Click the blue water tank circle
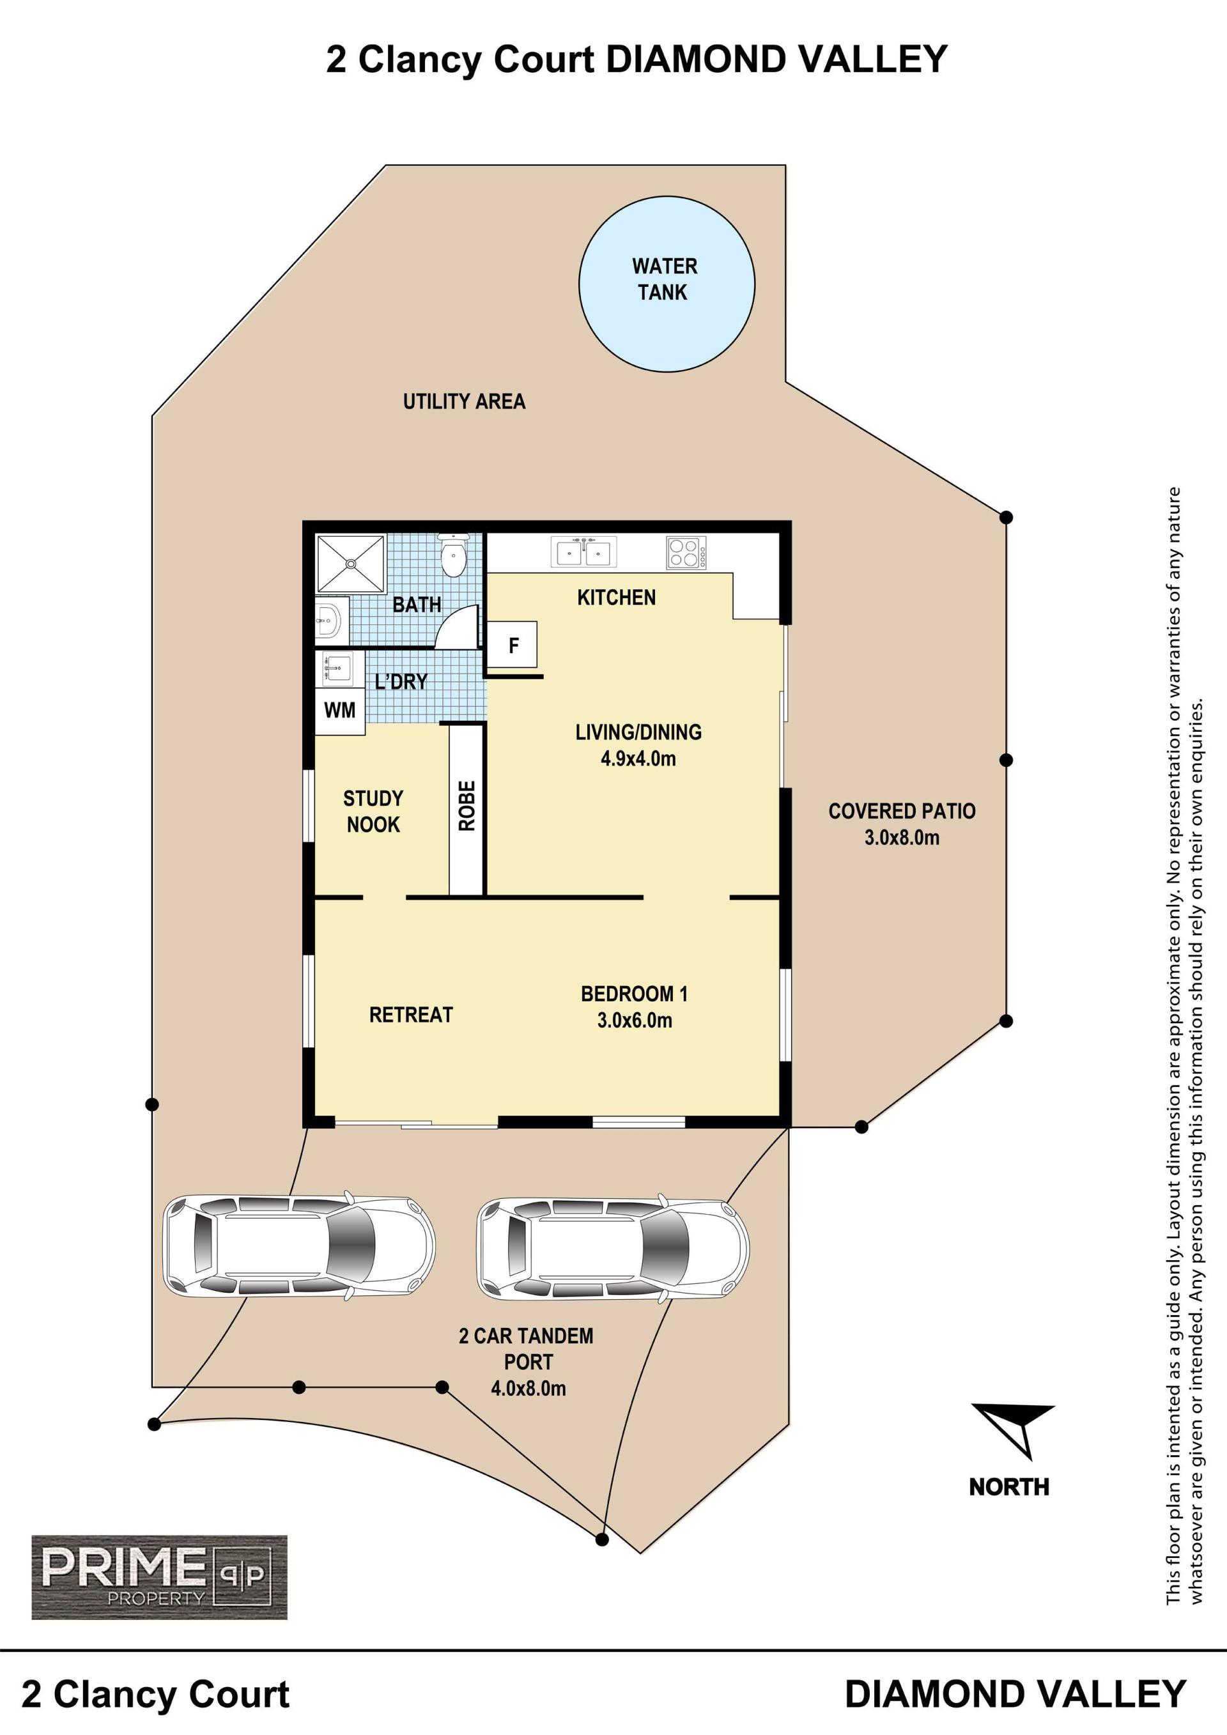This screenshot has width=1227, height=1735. pyautogui.click(x=667, y=284)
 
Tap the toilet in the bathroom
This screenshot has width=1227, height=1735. pyautogui.click(x=453, y=555)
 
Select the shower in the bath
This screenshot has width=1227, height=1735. pyautogui.click(x=351, y=564)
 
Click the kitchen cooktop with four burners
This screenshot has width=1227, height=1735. pyautogui.click(x=686, y=552)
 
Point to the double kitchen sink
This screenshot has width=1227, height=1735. pyautogui.click(x=584, y=551)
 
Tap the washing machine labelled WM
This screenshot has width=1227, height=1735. pyautogui.click(x=340, y=711)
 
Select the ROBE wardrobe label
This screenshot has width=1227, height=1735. pyautogui.click(x=467, y=806)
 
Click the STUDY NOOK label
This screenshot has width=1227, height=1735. pyautogui.click(x=373, y=811)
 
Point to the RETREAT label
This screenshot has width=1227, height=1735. pyautogui.click(x=411, y=1015)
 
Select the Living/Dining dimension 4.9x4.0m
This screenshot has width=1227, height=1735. pyautogui.click(x=638, y=759)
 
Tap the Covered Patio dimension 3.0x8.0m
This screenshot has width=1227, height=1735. pyautogui.click(x=902, y=837)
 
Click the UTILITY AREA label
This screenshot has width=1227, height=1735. pyautogui.click(x=464, y=401)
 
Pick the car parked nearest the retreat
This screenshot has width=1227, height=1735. pyautogui.click(x=299, y=1246)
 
